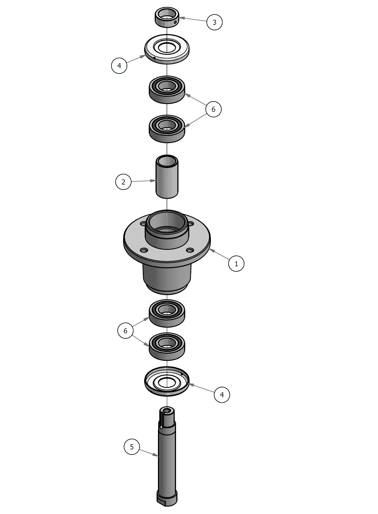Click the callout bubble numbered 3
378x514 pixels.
coord(215,22)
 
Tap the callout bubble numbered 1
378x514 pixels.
coord(236,264)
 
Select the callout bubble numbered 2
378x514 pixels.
coord(123,182)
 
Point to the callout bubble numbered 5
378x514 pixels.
coord(132,447)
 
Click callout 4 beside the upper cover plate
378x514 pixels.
coord(119,65)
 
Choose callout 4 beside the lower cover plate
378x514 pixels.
coord(222,395)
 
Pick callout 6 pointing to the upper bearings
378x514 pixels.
coord(213,109)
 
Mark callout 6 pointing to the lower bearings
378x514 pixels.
coord(126,331)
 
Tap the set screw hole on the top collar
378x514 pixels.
coord(175,22)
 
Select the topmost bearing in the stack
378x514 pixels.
coord(167,89)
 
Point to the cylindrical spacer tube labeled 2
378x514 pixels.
coord(167,177)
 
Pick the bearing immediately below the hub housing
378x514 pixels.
coord(167,313)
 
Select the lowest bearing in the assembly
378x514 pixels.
coord(167,346)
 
